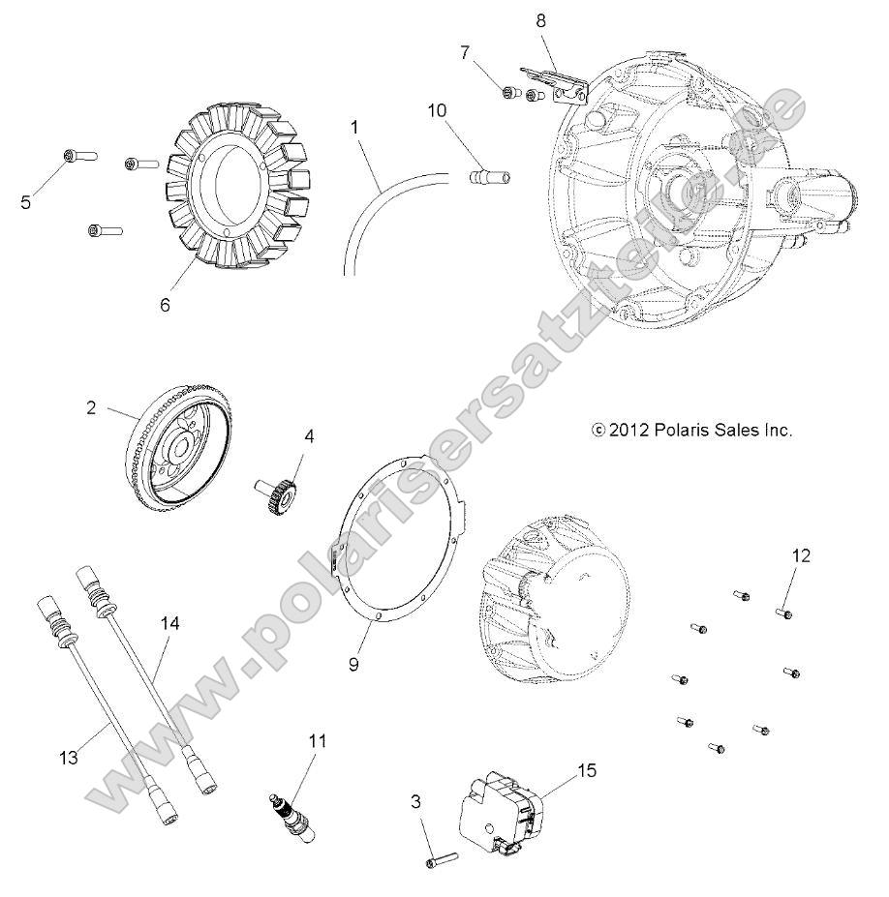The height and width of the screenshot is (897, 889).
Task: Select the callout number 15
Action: point(588,771)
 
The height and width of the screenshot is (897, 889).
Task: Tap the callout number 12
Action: point(801,555)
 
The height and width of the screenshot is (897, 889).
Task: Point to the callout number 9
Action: point(354,666)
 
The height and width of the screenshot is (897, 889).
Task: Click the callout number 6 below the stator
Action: point(165,304)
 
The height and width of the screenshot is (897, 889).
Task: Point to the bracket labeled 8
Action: point(558,82)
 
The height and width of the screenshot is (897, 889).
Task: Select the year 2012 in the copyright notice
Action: point(628,430)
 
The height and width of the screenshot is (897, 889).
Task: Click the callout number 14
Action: point(169,625)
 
